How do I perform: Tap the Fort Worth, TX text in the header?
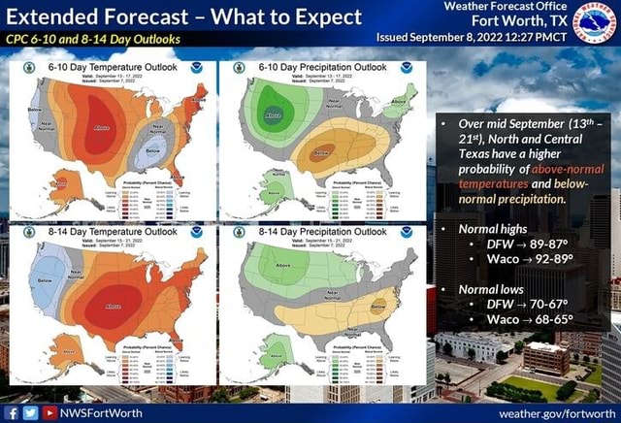(x=518, y=21)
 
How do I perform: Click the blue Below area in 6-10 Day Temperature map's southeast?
(x=153, y=151)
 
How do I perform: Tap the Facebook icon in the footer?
(x=11, y=412)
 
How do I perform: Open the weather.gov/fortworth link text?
(x=557, y=412)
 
